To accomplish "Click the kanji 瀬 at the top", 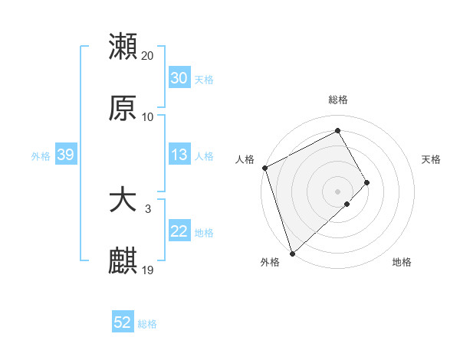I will coord(123,47).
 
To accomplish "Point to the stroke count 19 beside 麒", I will coord(148,270).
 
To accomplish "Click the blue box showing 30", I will coord(179,78).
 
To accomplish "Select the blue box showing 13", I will coord(179,155).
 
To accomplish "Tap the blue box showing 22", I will coord(179,231).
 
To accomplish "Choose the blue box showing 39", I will coord(65,155).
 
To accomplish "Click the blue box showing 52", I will coord(123,322).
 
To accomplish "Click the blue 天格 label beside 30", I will coord(203,79).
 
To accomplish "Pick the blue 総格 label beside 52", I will coord(147,323).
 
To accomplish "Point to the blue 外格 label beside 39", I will coord(41,155).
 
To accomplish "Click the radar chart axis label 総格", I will coord(338,100).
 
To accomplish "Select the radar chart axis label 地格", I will coord(402,263).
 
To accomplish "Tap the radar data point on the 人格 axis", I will coord(264,168).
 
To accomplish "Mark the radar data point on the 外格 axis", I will coord(292,252).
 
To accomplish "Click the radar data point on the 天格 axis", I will coord(367,182).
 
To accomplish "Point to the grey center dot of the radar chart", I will coord(338,191).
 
